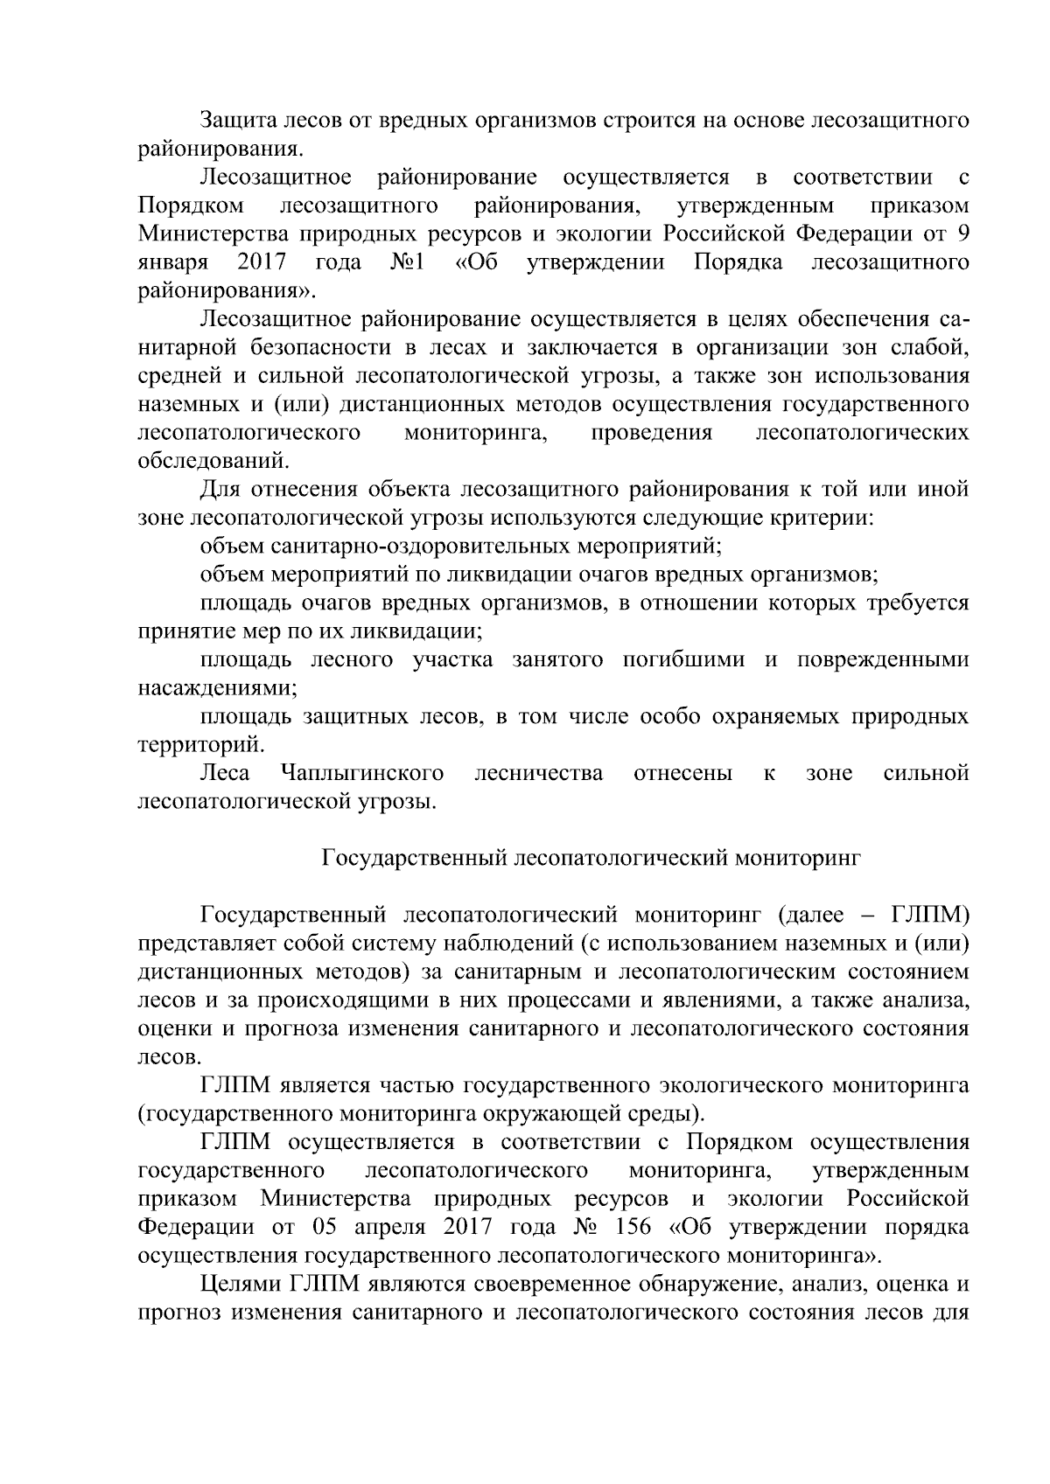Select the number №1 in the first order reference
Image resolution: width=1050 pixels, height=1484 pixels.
(x=408, y=262)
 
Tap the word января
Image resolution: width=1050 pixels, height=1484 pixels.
(x=173, y=262)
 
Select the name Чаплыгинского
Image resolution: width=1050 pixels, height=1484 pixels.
(x=361, y=773)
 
